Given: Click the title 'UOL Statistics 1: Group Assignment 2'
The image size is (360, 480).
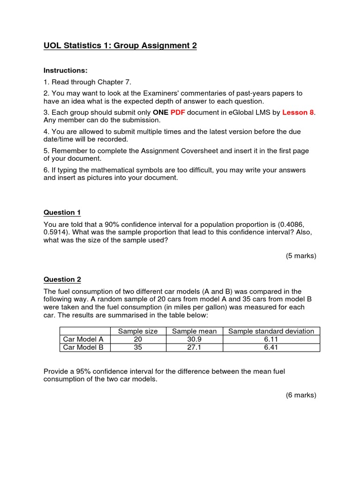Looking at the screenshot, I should pos(120,45).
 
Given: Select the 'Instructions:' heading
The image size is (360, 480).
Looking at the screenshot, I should pos(66,70).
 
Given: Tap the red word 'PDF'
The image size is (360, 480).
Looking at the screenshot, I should pos(178,112).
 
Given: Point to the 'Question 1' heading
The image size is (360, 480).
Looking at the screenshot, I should pos(62,212).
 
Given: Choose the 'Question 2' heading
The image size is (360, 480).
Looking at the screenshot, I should pos(62,279).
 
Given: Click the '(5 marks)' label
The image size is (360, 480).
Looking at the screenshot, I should pos(301,255).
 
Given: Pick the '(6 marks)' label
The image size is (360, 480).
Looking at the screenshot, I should pos(301,395).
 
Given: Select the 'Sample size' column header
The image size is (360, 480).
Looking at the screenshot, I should pos(138,331).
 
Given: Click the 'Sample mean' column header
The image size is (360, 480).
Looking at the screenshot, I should pos(195,331).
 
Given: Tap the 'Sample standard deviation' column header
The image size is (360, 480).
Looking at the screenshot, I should pos(271,331).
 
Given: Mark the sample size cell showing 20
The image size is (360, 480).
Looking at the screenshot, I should pos(138,339).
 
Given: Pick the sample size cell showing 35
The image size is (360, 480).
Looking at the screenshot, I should pos(138,347).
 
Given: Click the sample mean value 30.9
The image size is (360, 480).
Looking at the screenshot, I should pos(195,339).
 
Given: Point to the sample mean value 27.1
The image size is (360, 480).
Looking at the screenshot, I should pos(195,347).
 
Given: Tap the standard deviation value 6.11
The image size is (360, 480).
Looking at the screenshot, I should pos(271,339).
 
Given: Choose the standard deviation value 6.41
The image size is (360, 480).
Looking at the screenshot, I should pos(271,347).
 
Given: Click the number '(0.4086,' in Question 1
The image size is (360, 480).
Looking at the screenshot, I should pos(296,224).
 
